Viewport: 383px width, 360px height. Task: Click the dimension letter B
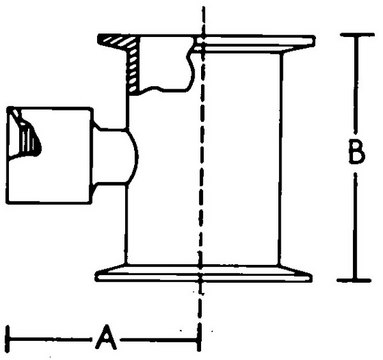356,152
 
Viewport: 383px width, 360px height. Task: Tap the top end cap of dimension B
357,34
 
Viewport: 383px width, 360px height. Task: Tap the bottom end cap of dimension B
354,280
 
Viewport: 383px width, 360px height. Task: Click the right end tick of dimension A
199,339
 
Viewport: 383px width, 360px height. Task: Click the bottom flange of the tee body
204,273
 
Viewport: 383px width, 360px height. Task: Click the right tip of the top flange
314,41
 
